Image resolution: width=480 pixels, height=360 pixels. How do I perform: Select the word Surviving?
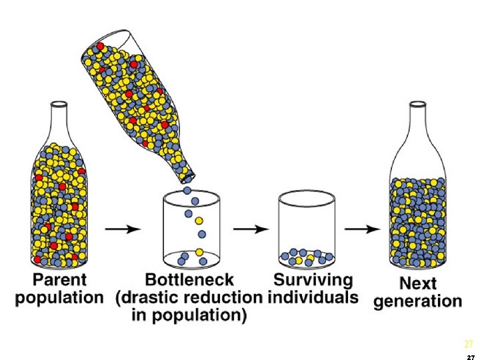click(313, 279)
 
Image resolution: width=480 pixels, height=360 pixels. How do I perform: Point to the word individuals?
click(313, 297)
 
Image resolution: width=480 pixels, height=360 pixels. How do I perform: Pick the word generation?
click(418, 301)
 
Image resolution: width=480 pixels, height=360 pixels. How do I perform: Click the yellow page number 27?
click(469, 345)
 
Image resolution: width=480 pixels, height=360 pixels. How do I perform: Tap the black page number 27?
click(471, 356)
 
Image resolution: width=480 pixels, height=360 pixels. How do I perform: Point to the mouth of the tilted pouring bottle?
click(187, 177)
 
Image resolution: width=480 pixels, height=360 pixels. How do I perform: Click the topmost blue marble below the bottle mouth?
click(187, 190)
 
